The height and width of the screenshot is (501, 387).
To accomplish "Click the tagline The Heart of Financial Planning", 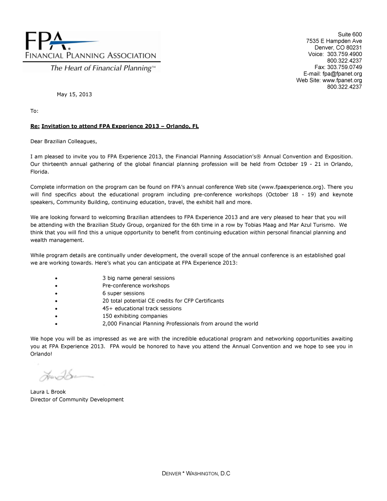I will pyautogui.click(x=103, y=68).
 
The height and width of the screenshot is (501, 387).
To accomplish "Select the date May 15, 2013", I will pyautogui.click(x=74, y=94).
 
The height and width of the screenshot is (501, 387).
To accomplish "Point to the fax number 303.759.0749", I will pyautogui.click(x=344, y=67).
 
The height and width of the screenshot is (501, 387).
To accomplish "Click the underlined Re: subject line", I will pyautogui.click(x=115, y=126).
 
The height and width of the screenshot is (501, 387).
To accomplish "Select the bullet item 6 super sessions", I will pyautogui.click(x=123, y=293).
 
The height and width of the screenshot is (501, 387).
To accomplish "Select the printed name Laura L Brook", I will pyautogui.click(x=48, y=392).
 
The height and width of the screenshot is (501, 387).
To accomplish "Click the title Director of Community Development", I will pyautogui.click(x=77, y=399).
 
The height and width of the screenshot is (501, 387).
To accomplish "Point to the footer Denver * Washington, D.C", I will pyautogui.click(x=196, y=473).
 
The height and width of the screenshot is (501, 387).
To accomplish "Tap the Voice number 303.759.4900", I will pyautogui.click(x=344, y=54).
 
